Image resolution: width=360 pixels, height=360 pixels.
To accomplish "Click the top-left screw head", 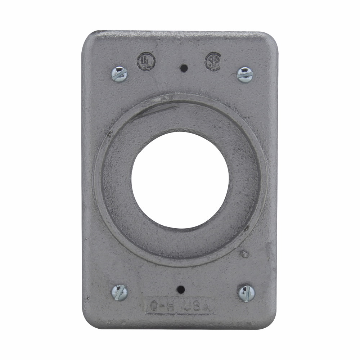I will coord(119,75).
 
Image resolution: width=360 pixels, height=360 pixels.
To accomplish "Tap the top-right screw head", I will coord(245,75).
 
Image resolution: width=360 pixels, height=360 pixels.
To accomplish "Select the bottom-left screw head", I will coord(120,292).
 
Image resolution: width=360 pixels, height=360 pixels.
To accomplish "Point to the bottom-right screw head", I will coord(247,293).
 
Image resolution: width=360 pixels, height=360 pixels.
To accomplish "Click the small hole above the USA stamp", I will coord(181,289).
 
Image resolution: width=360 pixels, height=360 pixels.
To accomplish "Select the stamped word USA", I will coord(197,306).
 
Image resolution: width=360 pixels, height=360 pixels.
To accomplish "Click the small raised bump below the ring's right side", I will coord(245,254).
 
